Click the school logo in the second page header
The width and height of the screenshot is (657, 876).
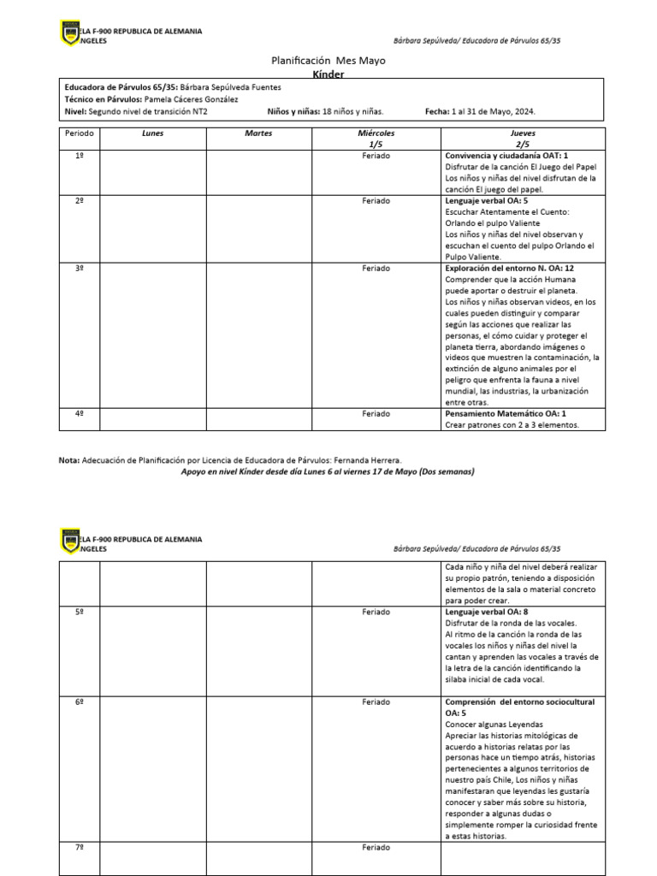click(x=71, y=542)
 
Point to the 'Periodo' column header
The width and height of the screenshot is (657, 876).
click(x=79, y=134)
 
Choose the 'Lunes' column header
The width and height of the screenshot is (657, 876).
click(x=152, y=134)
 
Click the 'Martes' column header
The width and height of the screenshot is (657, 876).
click(x=258, y=134)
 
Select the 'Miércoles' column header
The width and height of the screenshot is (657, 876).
click(x=376, y=134)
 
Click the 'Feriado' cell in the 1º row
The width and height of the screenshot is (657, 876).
click(x=376, y=156)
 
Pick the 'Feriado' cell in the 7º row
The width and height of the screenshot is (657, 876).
click(x=376, y=847)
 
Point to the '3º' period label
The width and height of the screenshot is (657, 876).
click(x=79, y=268)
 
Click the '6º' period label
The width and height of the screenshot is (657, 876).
click(x=79, y=701)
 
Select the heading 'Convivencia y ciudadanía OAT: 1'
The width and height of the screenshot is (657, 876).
click(x=506, y=156)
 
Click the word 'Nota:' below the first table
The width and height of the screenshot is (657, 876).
click(x=68, y=460)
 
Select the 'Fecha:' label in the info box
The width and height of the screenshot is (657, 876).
click(x=436, y=111)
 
